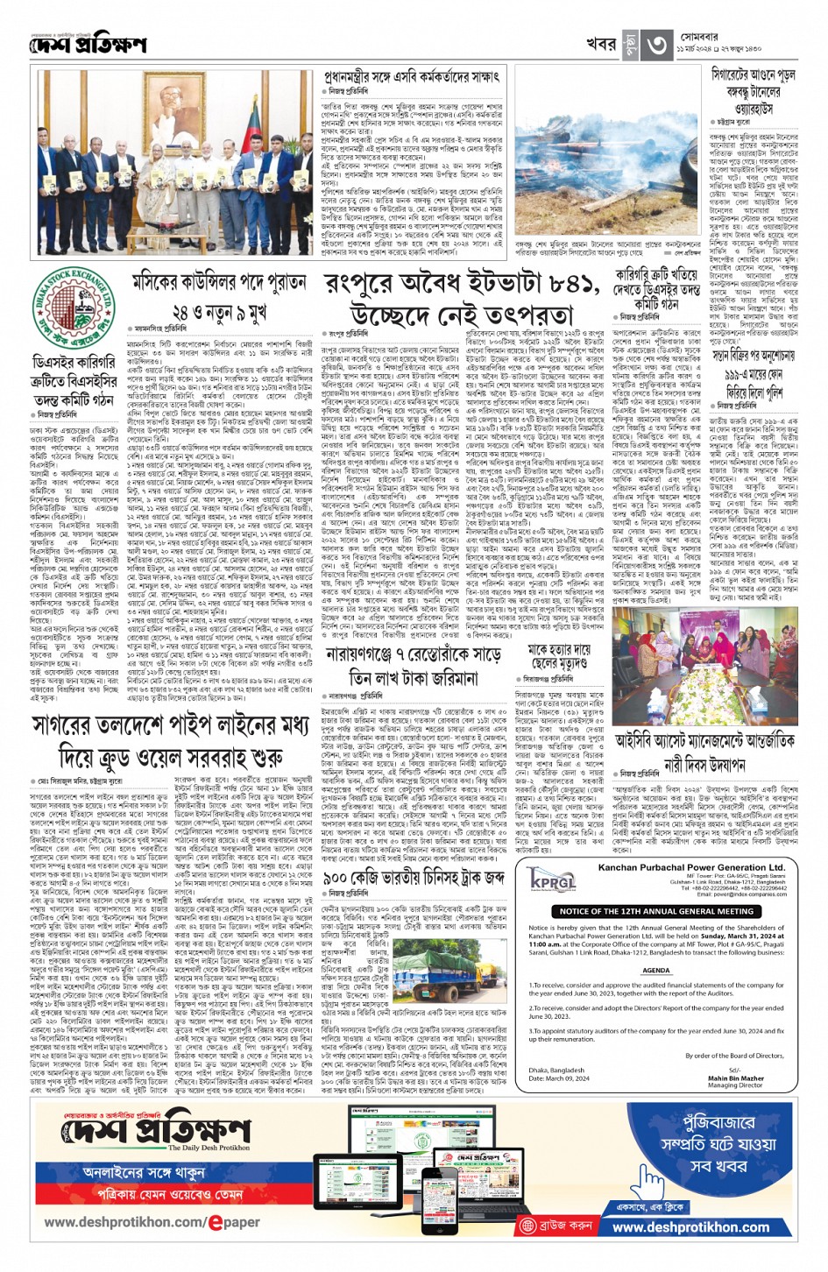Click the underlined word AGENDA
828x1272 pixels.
tap(656, 971)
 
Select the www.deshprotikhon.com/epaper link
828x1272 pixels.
tap(152, 1222)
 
